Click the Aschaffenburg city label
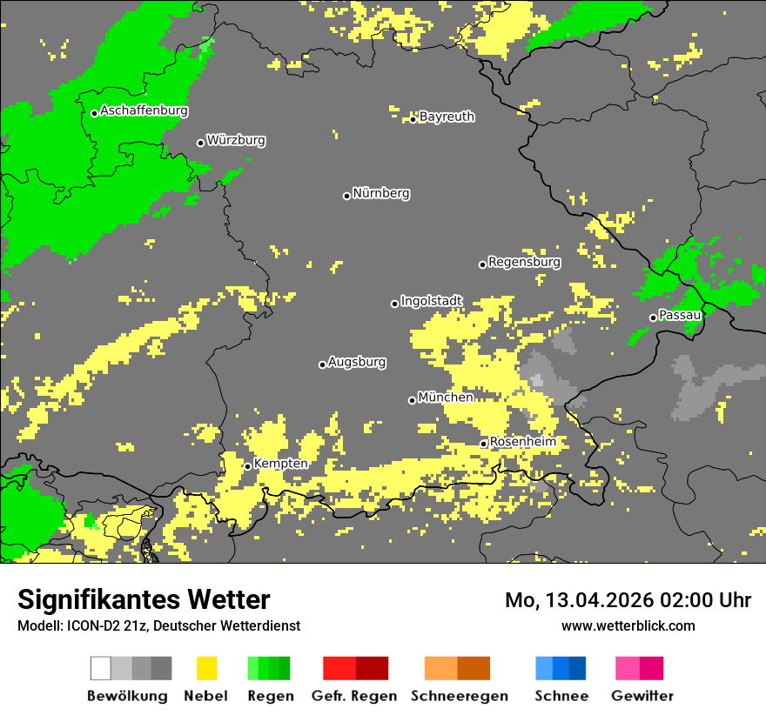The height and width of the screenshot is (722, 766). click(144, 110)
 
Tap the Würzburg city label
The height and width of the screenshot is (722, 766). click(236, 140)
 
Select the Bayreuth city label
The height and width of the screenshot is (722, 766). click(447, 117)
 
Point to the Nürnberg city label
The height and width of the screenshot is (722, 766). click(380, 193)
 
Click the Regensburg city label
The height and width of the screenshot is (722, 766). click(524, 262)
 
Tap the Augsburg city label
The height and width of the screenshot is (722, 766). click(357, 362)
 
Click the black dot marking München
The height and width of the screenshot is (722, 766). click(413, 400)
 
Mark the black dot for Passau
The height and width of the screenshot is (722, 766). click(653, 318)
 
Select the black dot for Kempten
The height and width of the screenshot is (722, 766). click(248, 466)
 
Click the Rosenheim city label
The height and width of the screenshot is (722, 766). click(522, 442)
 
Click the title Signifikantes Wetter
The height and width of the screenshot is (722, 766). click(144, 600)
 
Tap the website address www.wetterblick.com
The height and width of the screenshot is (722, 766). click(628, 625)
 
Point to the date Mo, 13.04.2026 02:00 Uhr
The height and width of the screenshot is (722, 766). click(628, 600)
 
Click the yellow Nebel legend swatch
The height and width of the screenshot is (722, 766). click(206, 668)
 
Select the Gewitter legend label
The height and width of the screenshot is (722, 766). click(642, 696)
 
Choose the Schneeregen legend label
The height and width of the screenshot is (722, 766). click(459, 696)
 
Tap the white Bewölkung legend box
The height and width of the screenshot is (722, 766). click(101, 668)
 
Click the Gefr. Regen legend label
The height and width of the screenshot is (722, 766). click(353, 696)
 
